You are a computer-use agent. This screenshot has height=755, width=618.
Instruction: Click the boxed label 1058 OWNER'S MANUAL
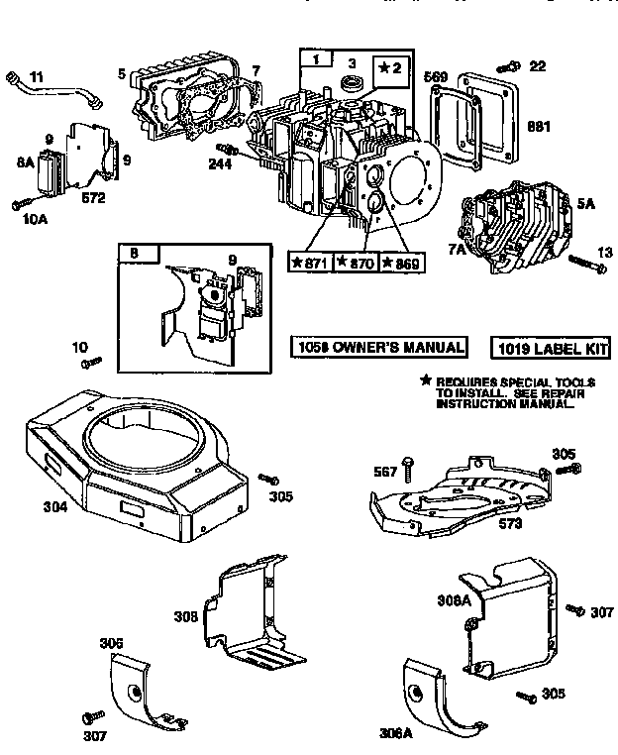click(378, 347)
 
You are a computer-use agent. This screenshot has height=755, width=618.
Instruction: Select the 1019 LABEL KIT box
click(551, 348)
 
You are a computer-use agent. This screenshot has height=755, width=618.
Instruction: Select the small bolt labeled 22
click(509, 66)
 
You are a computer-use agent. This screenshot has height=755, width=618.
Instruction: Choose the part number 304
click(28, 507)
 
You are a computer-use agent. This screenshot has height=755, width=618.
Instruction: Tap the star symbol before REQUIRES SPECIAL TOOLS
click(427, 380)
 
